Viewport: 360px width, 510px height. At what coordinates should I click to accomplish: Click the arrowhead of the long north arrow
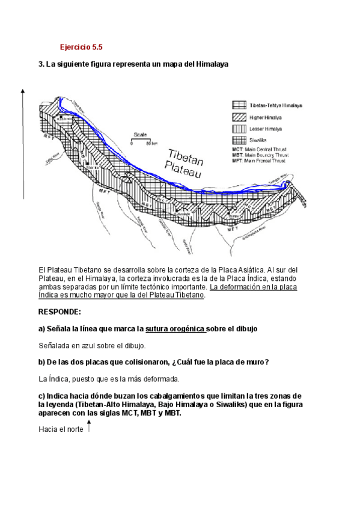[23, 91]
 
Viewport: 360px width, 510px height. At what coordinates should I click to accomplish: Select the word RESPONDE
[59, 312]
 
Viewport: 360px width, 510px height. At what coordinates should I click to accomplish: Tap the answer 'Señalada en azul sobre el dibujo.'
[92, 346]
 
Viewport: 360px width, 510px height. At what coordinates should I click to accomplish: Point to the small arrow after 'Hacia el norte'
[89, 427]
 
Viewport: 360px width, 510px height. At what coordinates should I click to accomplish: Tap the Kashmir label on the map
[64, 118]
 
